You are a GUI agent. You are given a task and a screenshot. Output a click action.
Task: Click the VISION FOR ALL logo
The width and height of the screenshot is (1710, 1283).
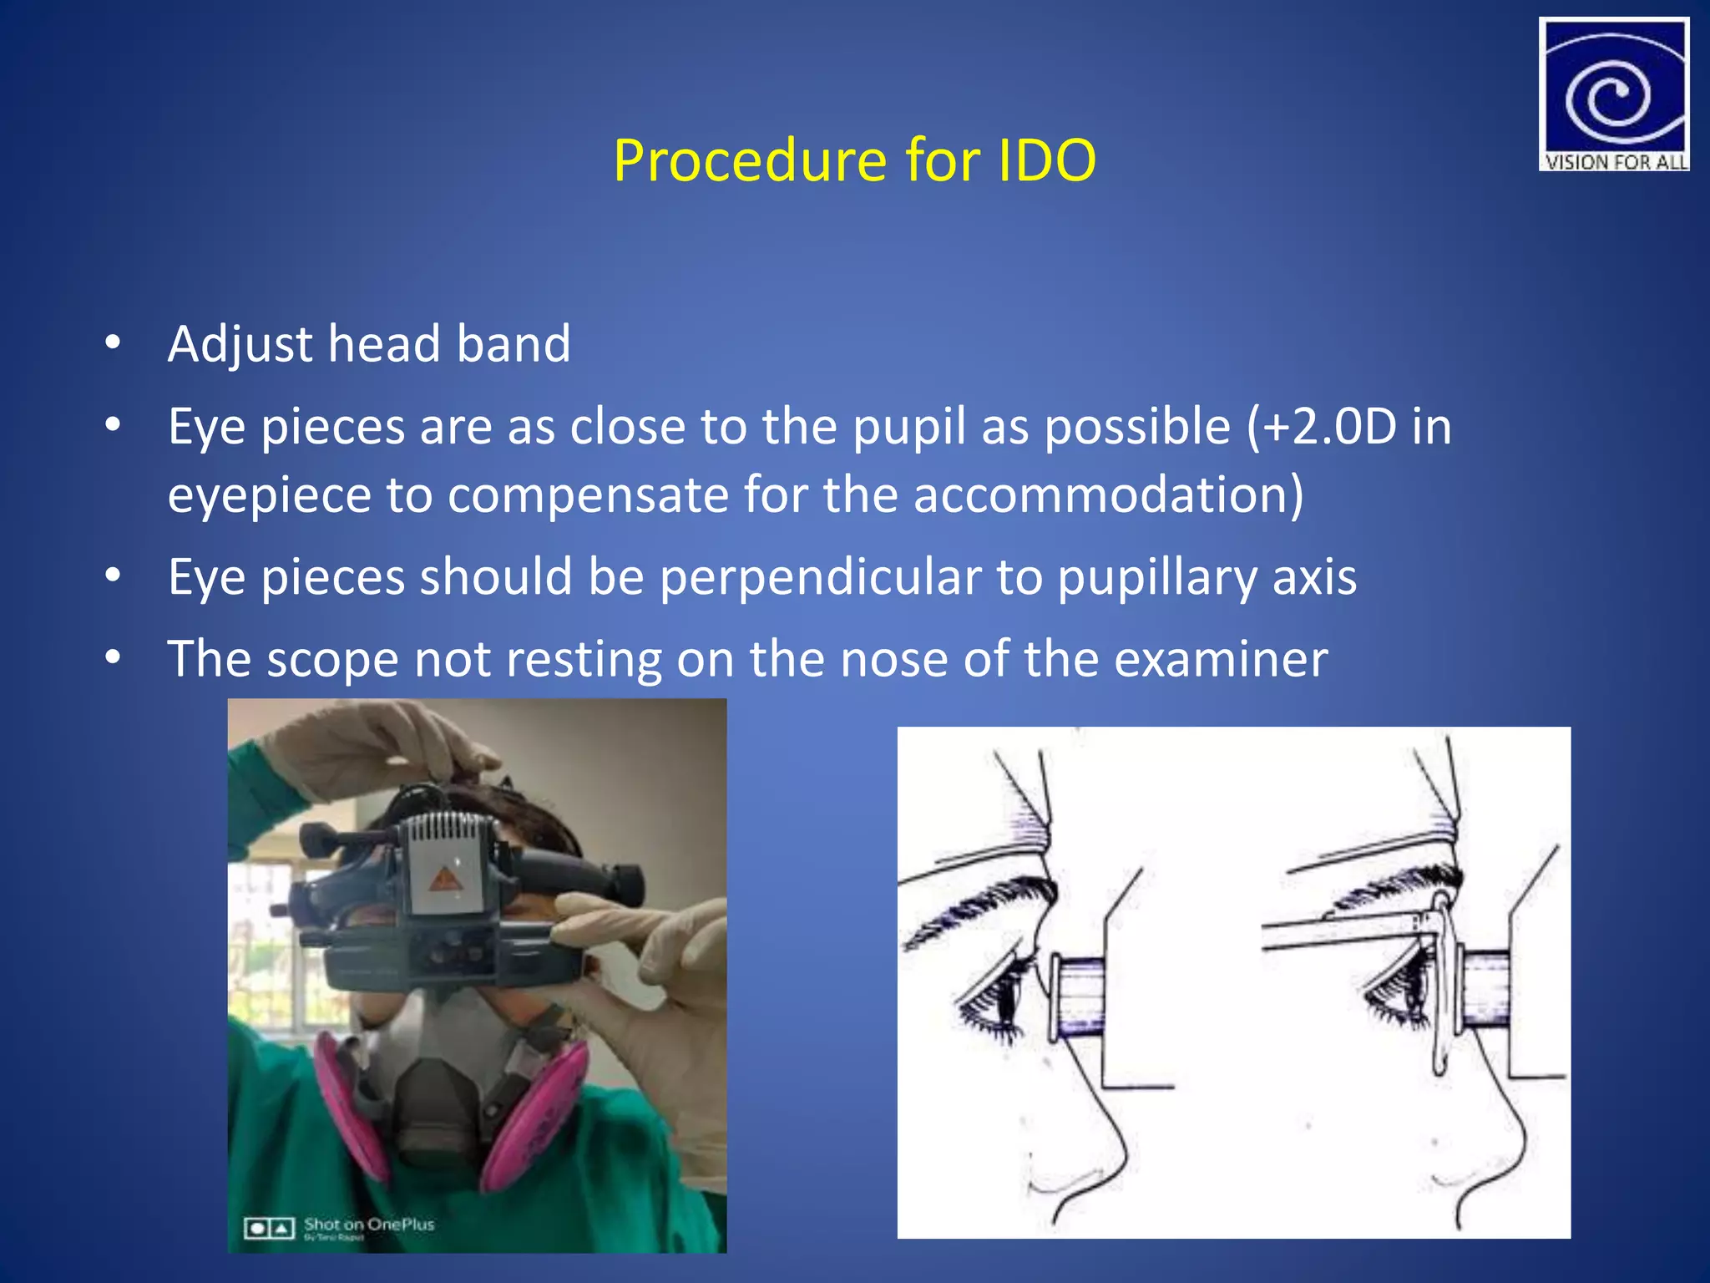point(1613,94)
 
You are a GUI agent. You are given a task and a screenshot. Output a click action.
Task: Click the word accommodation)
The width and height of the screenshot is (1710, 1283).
point(1108,494)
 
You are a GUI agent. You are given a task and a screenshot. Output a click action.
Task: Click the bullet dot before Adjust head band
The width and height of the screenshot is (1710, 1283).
point(113,343)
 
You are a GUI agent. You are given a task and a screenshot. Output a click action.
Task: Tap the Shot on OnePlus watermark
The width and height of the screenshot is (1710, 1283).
point(368,1225)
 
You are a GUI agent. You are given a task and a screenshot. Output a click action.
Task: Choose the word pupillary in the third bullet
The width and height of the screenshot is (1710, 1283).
point(1156,576)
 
